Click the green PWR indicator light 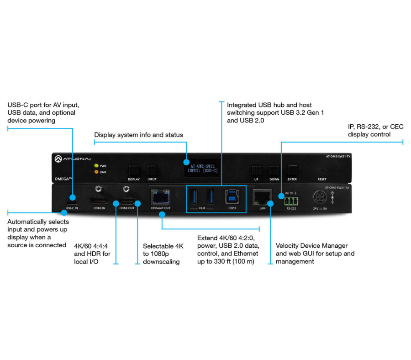96,166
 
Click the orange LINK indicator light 96,172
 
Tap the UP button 256,171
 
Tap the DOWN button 274,171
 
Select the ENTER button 292,171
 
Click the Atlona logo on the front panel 73,159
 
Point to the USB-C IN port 72,203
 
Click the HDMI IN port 99,201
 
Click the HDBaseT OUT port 160,197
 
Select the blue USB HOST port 232,196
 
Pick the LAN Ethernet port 262,197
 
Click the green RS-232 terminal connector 291,201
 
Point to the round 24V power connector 320,197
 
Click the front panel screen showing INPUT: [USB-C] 202,168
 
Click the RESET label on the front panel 322,180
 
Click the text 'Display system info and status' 138,135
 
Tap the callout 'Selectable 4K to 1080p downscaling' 163,254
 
